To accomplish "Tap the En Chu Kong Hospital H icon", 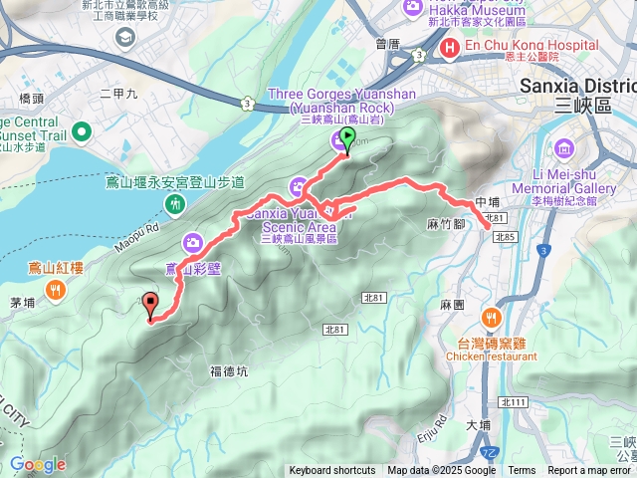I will pyautogui.click(x=449, y=46).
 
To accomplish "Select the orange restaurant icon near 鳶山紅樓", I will pyautogui.click(x=55, y=290).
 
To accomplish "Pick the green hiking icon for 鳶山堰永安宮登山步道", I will pyautogui.click(x=176, y=204).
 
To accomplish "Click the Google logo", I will pyautogui.click(x=38, y=464).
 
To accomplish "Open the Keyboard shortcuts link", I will pyautogui.click(x=332, y=471).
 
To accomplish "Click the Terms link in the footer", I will pyautogui.click(x=522, y=471).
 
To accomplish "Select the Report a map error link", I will pyautogui.click(x=589, y=471).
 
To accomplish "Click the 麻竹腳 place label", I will pyautogui.click(x=447, y=224).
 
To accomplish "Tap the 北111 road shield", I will pyautogui.click(x=514, y=402).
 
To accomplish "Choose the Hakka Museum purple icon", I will pyautogui.click(x=413, y=8).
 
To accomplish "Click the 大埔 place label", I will pyautogui.click(x=478, y=424).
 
